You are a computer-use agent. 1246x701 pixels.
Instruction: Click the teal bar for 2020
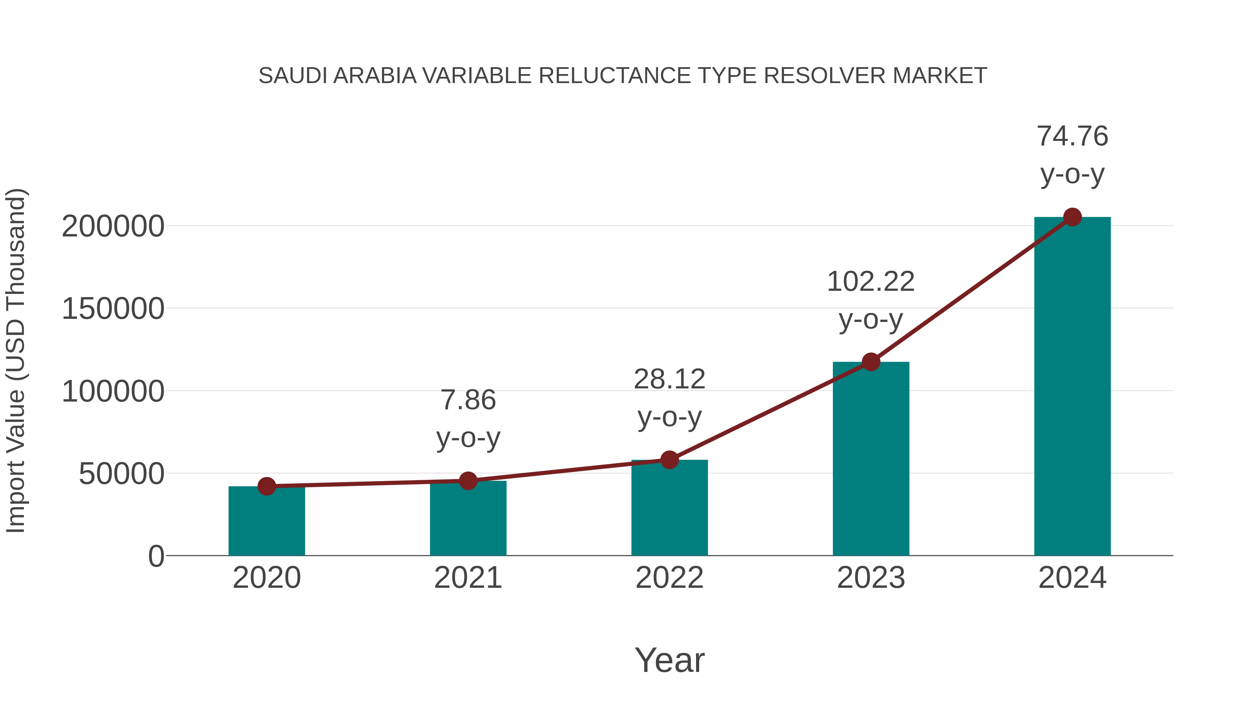click(267, 522)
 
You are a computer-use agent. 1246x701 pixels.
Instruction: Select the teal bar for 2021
click(468, 520)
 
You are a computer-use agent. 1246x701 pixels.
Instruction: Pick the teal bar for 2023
click(871, 460)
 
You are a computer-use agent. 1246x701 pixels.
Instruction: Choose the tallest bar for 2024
click(1072, 387)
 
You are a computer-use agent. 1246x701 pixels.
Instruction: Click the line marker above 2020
click(267, 486)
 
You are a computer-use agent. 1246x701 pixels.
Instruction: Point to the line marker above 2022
click(669, 460)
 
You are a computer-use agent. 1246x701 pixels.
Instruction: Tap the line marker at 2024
click(1072, 217)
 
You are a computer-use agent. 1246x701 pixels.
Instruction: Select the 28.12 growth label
click(669, 379)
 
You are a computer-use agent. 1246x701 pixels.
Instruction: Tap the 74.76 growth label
click(1072, 136)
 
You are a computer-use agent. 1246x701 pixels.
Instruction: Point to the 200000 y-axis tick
click(113, 226)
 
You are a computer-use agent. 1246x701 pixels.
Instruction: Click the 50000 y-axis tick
click(121, 474)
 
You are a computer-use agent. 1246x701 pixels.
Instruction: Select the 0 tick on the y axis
click(156, 556)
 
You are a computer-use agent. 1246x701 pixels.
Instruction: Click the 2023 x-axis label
click(871, 578)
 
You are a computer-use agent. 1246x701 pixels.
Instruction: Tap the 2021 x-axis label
click(468, 578)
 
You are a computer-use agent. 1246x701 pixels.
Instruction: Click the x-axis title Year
click(669, 660)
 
